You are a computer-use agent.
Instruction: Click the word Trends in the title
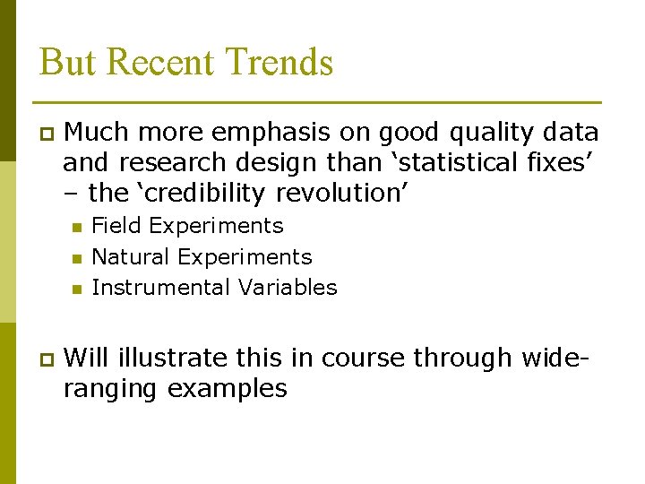point(279,63)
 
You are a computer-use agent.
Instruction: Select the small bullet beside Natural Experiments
point(76,258)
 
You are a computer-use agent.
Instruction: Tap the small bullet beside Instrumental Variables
point(76,289)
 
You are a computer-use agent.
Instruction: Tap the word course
point(365,358)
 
